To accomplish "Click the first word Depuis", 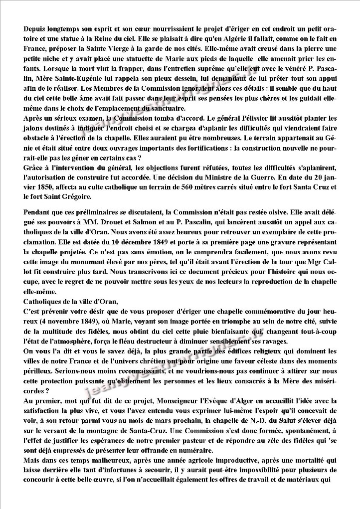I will (x=34, y=30).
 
